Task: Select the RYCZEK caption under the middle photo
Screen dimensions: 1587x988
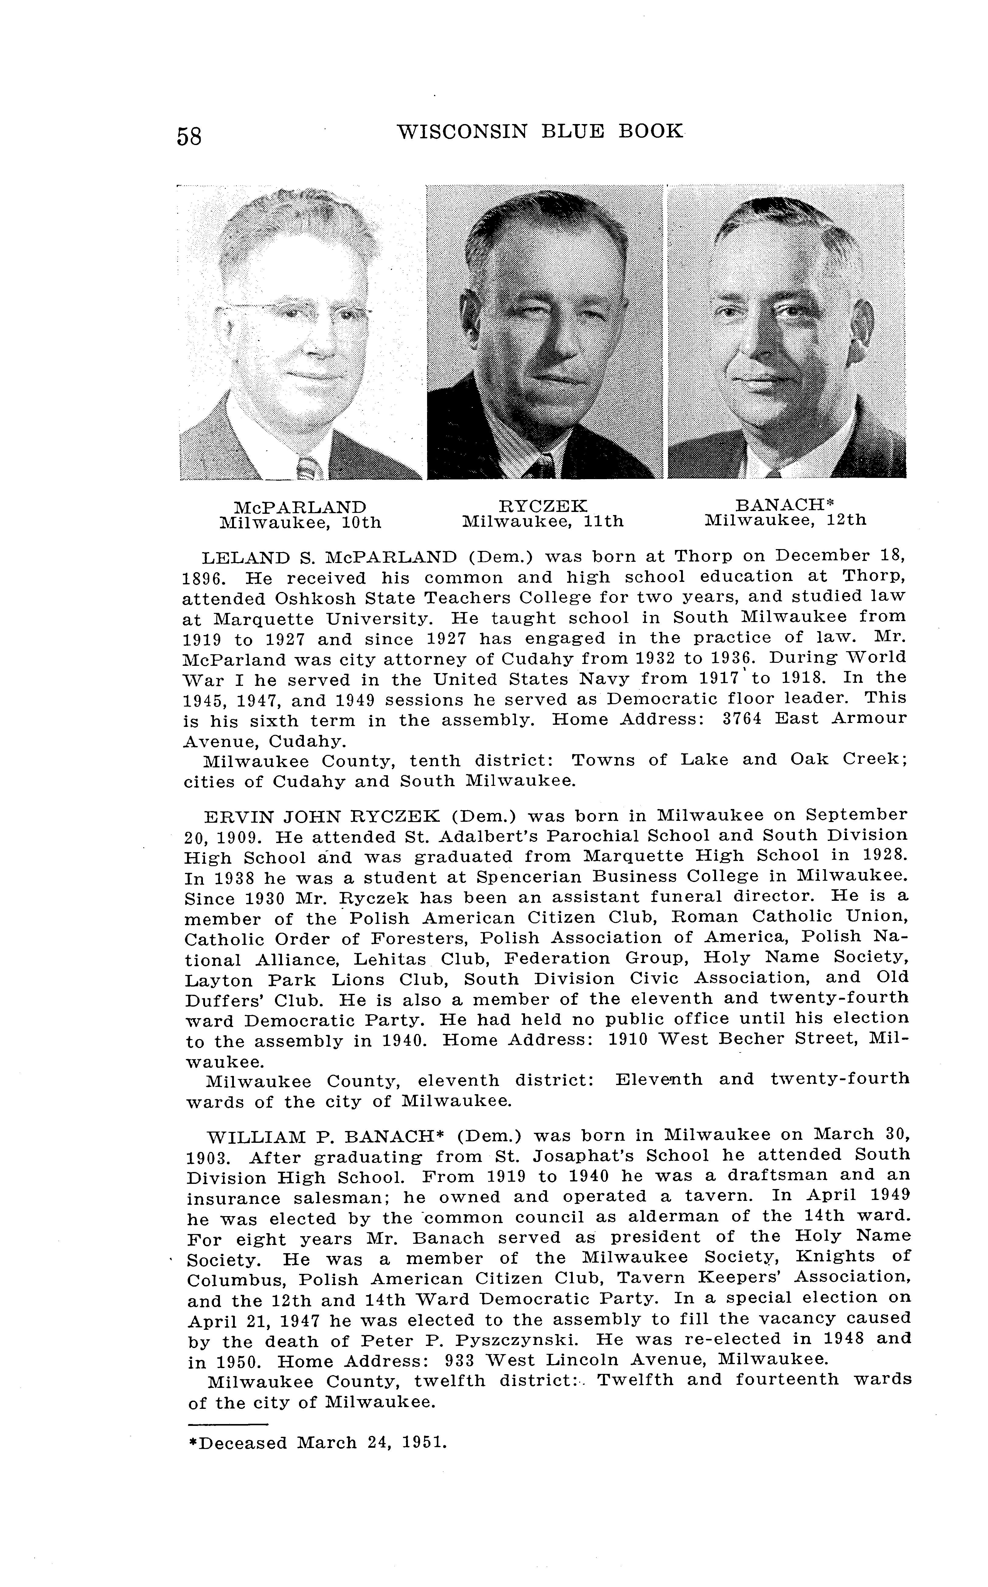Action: (542, 506)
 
